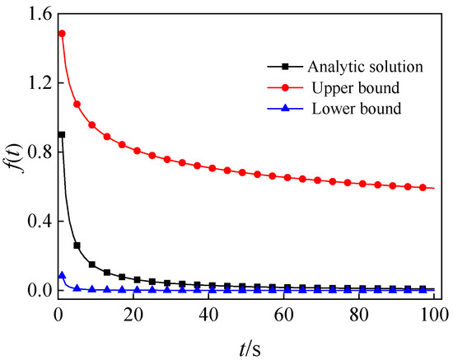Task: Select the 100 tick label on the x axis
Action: click(432, 314)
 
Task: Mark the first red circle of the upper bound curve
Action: click(62, 34)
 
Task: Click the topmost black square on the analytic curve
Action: click(62, 134)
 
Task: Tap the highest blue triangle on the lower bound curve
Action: click(62, 276)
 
